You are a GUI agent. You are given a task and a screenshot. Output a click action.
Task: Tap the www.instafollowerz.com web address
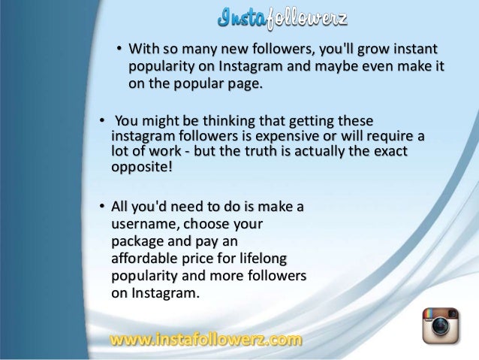tap(206, 340)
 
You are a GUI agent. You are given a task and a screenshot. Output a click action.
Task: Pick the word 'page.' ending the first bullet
tap(248, 84)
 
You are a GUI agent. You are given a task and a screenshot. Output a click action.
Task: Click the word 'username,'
tap(145, 224)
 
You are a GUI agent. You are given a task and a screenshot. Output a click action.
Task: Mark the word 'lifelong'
tap(281, 259)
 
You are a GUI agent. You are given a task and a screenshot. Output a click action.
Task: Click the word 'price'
tap(207, 259)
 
